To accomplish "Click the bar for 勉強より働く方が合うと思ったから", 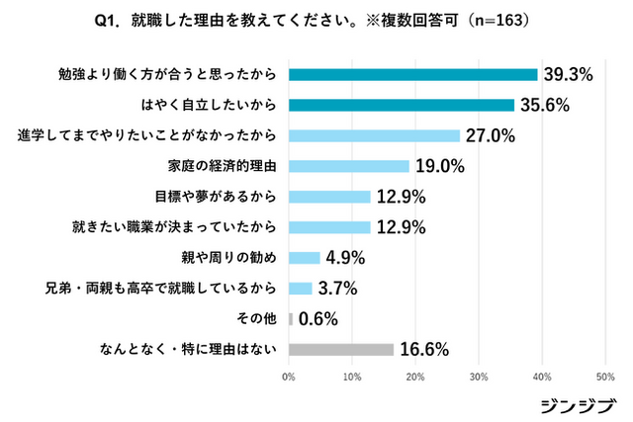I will (412, 74).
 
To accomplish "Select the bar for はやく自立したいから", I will (401, 105).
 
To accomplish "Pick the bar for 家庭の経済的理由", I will (348, 166).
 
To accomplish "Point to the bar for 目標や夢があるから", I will (329, 197).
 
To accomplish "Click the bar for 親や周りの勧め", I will (304, 258).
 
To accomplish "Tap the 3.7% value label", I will (337, 289).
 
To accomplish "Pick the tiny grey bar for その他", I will (291, 319).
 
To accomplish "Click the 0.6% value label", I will (318, 319).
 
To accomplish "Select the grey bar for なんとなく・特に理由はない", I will (341, 349).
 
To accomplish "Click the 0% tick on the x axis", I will (289, 377).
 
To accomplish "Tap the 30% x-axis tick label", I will (479, 377).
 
